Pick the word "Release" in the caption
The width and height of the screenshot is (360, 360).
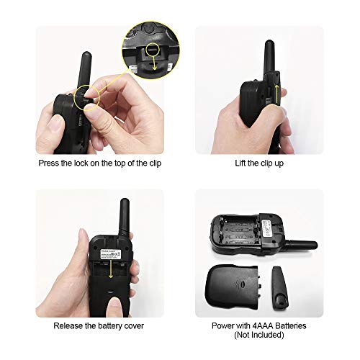(71, 325)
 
